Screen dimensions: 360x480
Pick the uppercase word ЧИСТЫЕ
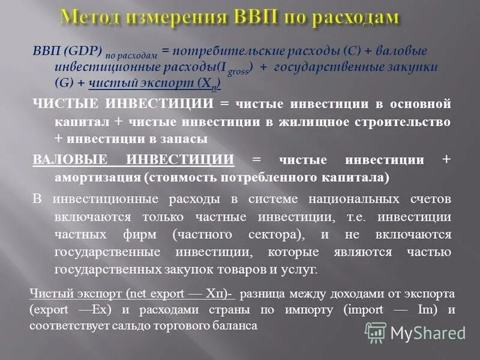click(67, 104)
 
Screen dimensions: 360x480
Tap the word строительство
click(406, 121)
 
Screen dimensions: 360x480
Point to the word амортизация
click(95, 178)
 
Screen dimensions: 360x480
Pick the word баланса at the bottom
click(238, 326)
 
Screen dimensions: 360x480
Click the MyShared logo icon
click(376, 332)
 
